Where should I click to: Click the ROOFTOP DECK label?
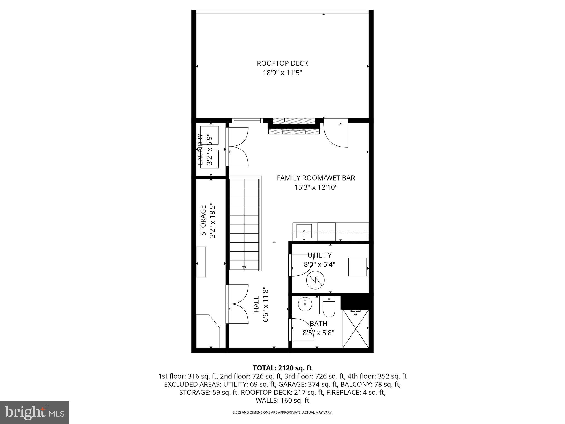tap(282, 63)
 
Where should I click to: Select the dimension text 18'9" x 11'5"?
tap(282, 73)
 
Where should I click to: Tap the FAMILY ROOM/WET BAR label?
tap(316, 178)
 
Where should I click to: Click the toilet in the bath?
tap(329, 307)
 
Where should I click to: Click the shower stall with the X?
tap(355, 329)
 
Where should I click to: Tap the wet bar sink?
tap(304, 231)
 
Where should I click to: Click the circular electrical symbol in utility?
tap(315, 280)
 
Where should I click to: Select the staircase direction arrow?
tap(244, 267)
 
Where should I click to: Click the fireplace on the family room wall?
tap(294, 127)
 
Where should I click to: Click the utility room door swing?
tap(299, 265)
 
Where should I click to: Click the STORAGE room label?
tap(203, 220)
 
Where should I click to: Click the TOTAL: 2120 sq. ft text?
tap(282, 368)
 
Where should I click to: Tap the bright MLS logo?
tap(34, 413)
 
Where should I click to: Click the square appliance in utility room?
tap(357, 267)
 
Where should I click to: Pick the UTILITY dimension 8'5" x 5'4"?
tap(319, 264)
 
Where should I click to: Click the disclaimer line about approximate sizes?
tap(282, 412)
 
